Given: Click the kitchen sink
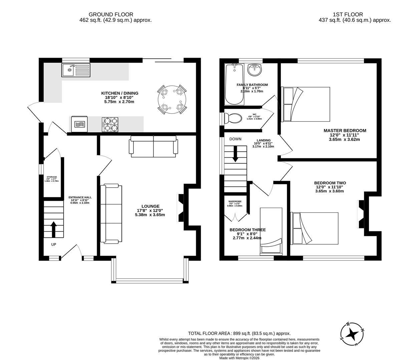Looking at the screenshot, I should (x=76, y=70).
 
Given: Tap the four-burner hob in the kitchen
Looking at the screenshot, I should (x=110, y=124).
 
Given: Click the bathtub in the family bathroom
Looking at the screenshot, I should (x=234, y=84).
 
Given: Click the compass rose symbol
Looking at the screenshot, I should (x=352, y=334).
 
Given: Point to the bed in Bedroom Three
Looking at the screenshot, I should (x=271, y=231).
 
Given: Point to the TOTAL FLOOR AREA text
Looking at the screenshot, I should (x=239, y=333).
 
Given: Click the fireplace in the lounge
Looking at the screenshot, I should (x=180, y=208).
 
